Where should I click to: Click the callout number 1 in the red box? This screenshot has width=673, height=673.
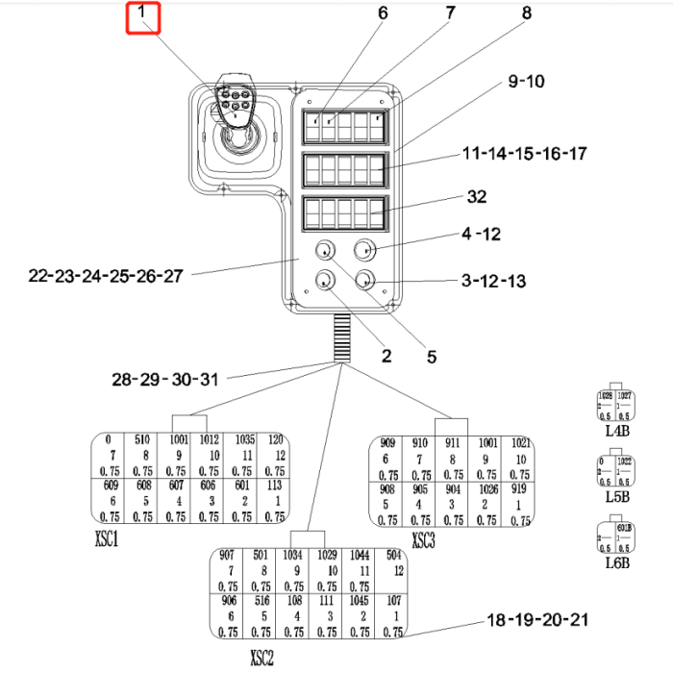coord(141,14)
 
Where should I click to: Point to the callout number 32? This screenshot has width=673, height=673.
coord(476,197)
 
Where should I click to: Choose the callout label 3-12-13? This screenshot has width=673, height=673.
coord(494,282)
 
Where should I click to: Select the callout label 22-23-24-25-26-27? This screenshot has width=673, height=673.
coord(106,276)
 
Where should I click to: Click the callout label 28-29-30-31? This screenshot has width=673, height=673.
coord(165,379)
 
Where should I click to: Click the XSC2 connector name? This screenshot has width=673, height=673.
coord(262,659)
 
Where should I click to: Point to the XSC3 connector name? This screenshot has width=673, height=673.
coord(423,541)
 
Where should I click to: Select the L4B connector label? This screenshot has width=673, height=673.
coord(616,432)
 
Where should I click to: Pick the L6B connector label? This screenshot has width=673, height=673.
coord(616,562)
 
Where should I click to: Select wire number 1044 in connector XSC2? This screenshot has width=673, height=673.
coord(361,556)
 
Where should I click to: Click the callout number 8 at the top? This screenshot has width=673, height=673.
coord(526,13)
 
